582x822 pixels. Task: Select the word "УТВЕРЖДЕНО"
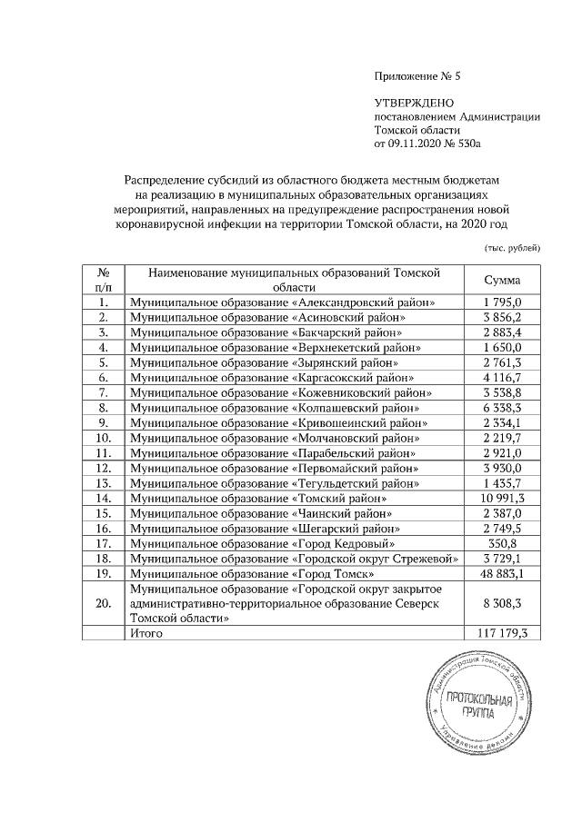414,105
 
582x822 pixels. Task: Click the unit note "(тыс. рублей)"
511,247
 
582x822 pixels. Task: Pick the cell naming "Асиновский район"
351,317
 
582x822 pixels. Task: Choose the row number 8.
105,406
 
